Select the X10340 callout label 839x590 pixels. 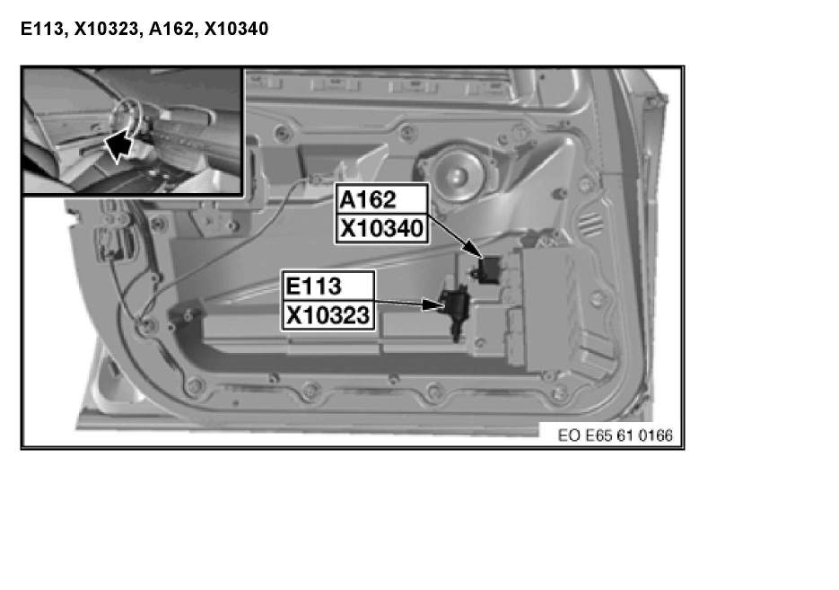pyautogui.click(x=380, y=229)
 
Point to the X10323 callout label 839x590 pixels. pyautogui.click(x=327, y=316)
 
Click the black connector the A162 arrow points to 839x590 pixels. pyautogui.click(x=490, y=268)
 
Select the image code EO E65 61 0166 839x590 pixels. pyautogui.click(x=614, y=436)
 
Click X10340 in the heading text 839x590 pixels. pyautogui.click(x=236, y=30)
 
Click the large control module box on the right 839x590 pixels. pyautogui.click(x=561, y=305)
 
